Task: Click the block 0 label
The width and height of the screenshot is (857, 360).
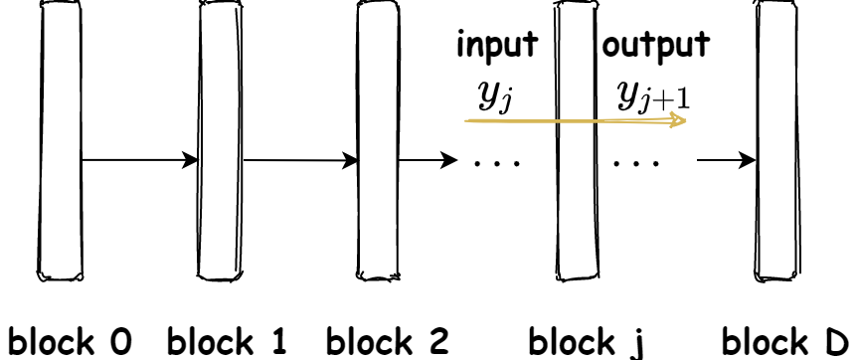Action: pos(70,340)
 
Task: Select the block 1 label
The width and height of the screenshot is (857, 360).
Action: pos(227,340)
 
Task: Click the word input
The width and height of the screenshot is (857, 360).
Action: pos(496,46)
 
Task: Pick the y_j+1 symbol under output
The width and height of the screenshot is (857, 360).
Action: pos(654,95)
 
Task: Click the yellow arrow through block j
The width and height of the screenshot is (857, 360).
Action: pos(577,120)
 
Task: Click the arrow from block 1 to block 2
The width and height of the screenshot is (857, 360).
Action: pos(299,159)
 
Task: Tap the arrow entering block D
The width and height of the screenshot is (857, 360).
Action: pos(725,159)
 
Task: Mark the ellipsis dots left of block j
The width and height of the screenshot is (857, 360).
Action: pos(493,160)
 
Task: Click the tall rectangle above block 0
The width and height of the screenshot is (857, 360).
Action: pos(61,139)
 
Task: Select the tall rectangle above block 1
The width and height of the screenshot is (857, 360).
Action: pos(220,139)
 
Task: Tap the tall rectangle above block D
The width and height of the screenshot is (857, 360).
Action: pos(776,139)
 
